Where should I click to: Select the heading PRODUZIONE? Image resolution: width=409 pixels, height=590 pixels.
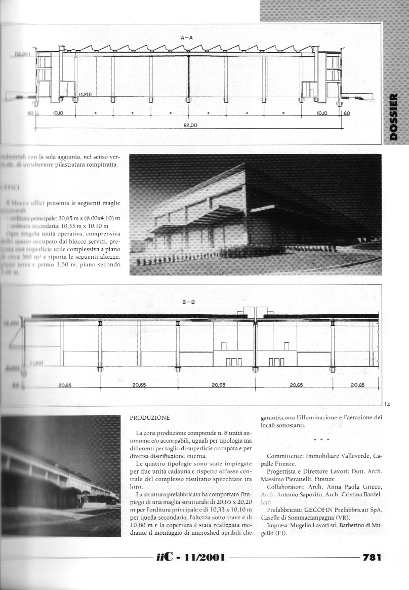coord(149,418)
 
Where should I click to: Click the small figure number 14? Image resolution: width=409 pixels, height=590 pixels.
coord(387,404)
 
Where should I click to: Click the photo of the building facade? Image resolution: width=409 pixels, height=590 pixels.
coord(256,215)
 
